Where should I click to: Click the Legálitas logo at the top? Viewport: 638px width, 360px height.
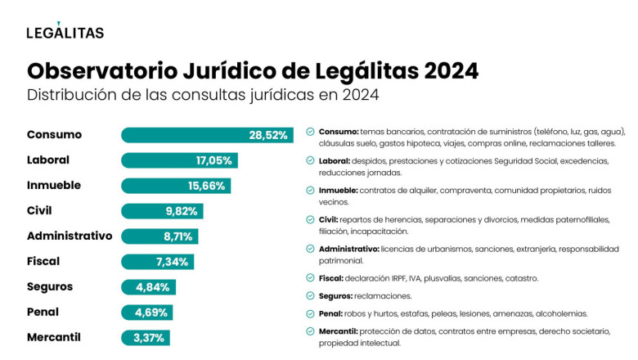click(x=65, y=32)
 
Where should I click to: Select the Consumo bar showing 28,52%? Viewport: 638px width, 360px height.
click(x=206, y=135)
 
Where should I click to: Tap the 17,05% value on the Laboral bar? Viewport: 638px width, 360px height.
click(x=213, y=160)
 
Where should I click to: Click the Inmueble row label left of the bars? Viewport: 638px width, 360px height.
click(x=54, y=185)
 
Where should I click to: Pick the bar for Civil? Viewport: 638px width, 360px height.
click(x=162, y=211)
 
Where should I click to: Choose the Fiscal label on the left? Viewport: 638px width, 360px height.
click(x=43, y=261)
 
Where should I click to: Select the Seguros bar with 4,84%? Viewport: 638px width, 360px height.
click(x=148, y=287)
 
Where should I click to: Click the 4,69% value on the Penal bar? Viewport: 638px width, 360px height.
click(x=149, y=313)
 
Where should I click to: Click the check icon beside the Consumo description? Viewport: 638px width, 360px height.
click(x=310, y=131)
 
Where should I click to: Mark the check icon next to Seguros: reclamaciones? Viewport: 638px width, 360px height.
click(x=310, y=295)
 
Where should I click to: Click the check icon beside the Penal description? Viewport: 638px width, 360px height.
click(x=310, y=313)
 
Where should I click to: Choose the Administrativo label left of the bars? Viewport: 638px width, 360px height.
click(x=70, y=236)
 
